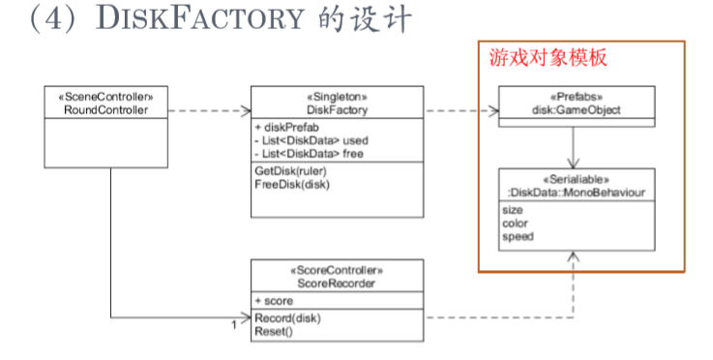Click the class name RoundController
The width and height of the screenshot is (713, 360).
point(99,109)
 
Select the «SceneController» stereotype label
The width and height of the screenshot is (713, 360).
point(99,98)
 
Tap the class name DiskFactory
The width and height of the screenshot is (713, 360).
point(336,109)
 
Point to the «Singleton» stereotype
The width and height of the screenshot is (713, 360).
point(336,98)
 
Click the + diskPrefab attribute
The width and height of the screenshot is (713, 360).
point(284,127)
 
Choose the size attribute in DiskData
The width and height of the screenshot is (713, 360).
point(514,209)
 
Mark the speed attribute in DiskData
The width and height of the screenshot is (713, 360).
point(518,234)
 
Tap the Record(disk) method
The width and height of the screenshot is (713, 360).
point(287,318)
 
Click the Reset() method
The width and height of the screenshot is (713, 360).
point(276,331)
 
